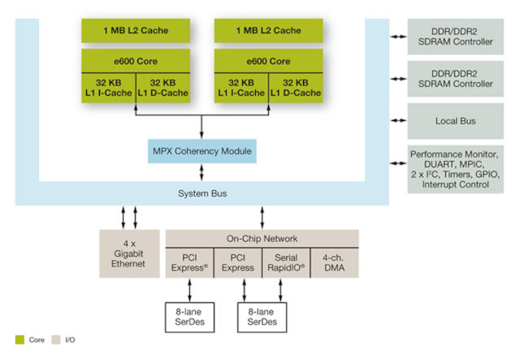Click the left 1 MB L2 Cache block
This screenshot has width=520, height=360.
pos(136,31)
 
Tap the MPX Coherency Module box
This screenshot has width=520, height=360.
pos(202,150)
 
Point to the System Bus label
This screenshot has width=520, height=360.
pos(202,193)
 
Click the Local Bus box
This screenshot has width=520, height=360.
pos(455,122)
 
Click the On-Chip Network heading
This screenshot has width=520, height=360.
pos(262,239)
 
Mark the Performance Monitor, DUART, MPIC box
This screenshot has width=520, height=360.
pos(455,169)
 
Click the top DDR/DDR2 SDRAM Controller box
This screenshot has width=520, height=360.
pos(455,37)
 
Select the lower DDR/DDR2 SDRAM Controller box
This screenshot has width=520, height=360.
pos(455,79)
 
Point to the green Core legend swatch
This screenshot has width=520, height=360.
pos(18,339)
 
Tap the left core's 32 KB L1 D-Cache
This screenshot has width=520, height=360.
pos(162,88)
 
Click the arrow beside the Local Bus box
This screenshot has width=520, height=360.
pos(397,122)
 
